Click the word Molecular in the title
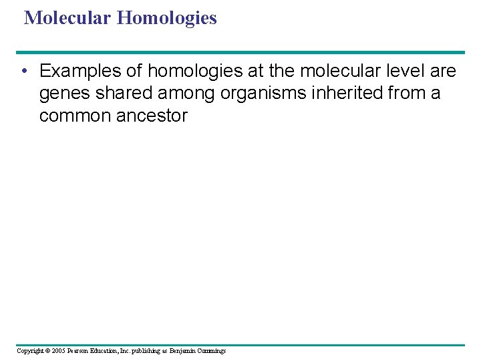67,17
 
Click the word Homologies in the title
166,17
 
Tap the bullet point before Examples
24,71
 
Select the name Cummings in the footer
212,350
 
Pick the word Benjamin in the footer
182,350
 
